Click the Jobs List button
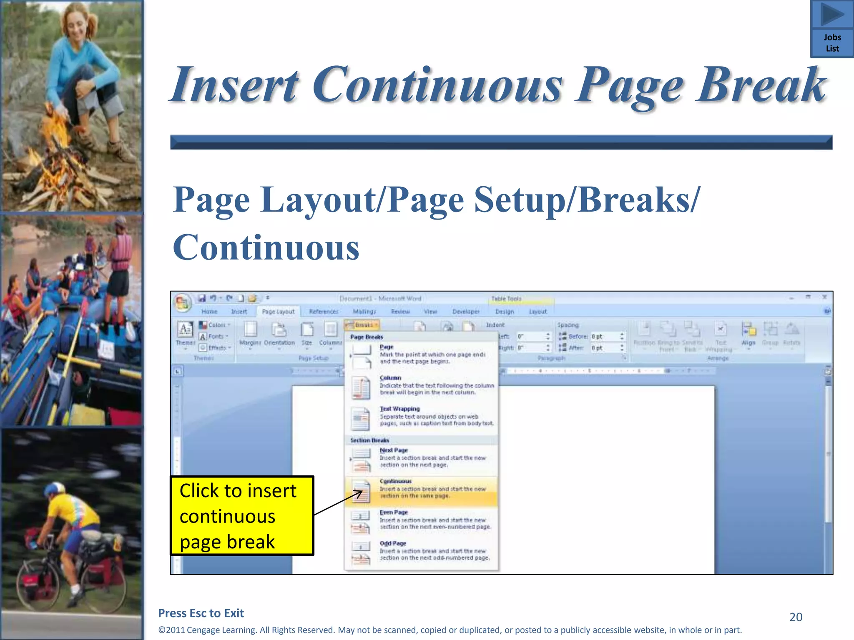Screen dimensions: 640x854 tap(832, 29)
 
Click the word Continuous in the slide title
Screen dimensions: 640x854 tap(437, 85)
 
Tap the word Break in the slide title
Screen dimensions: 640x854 tap(761, 85)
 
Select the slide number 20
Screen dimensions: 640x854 tap(796, 617)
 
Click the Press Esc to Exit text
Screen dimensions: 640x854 tap(201, 613)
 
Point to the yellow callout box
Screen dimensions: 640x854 tap(242, 516)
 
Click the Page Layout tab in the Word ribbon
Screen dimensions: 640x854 tap(278, 312)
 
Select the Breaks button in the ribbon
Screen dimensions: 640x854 tap(362, 325)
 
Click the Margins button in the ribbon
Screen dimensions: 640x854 tap(250, 334)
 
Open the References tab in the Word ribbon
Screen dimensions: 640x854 tap(324, 312)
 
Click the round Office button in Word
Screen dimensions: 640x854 tap(183, 302)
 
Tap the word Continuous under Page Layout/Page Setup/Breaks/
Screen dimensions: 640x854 tap(266, 247)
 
